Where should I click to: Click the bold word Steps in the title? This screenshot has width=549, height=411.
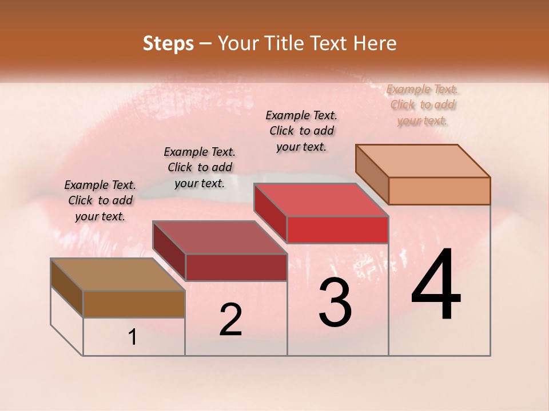click(x=168, y=43)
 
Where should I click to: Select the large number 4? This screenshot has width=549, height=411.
click(x=436, y=285)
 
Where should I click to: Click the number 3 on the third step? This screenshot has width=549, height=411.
click(x=335, y=303)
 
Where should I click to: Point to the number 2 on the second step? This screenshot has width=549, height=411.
click(x=230, y=320)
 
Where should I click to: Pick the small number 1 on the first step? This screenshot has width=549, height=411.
click(x=133, y=337)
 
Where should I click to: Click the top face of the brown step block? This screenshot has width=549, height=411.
click(x=117, y=275)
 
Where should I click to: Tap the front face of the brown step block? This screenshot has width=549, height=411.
click(x=134, y=304)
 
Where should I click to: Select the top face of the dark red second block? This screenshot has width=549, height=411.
click(x=220, y=237)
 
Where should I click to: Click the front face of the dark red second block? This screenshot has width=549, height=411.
click(x=236, y=267)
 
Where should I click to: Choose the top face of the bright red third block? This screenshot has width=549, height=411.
click(x=321, y=200)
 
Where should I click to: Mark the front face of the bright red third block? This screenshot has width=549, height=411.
click(x=337, y=229)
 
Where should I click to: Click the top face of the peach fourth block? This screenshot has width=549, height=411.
click(x=423, y=160)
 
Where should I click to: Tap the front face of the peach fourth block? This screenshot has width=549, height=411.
click(x=439, y=191)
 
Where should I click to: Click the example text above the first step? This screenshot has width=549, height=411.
click(x=100, y=200)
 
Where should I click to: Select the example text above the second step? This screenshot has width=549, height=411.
click(x=200, y=167)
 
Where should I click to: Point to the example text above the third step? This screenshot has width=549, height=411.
click(x=301, y=131)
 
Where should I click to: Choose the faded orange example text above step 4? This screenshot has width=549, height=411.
click(x=423, y=104)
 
